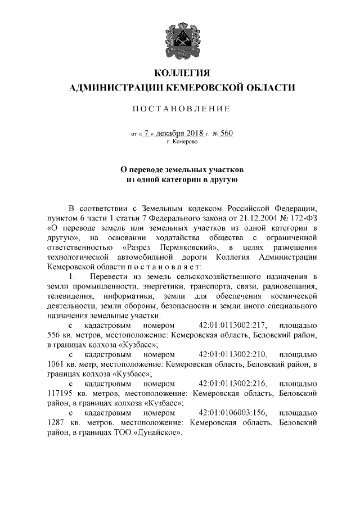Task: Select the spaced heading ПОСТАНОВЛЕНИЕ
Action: pyautogui.click(x=180, y=108)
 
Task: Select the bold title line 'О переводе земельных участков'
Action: pyautogui.click(x=180, y=169)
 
